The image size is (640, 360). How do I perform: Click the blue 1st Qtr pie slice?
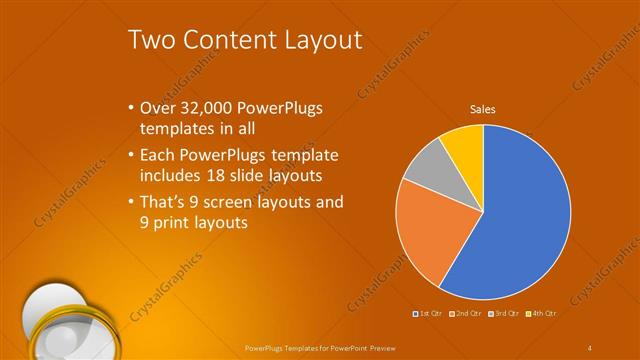click(520, 220)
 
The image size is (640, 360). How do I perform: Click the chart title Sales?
click(483, 110)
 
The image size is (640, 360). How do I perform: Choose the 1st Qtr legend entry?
click(427, 313)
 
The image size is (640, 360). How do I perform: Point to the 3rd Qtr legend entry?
click(501, 313)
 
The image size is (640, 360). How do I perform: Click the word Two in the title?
click(154, 41)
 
